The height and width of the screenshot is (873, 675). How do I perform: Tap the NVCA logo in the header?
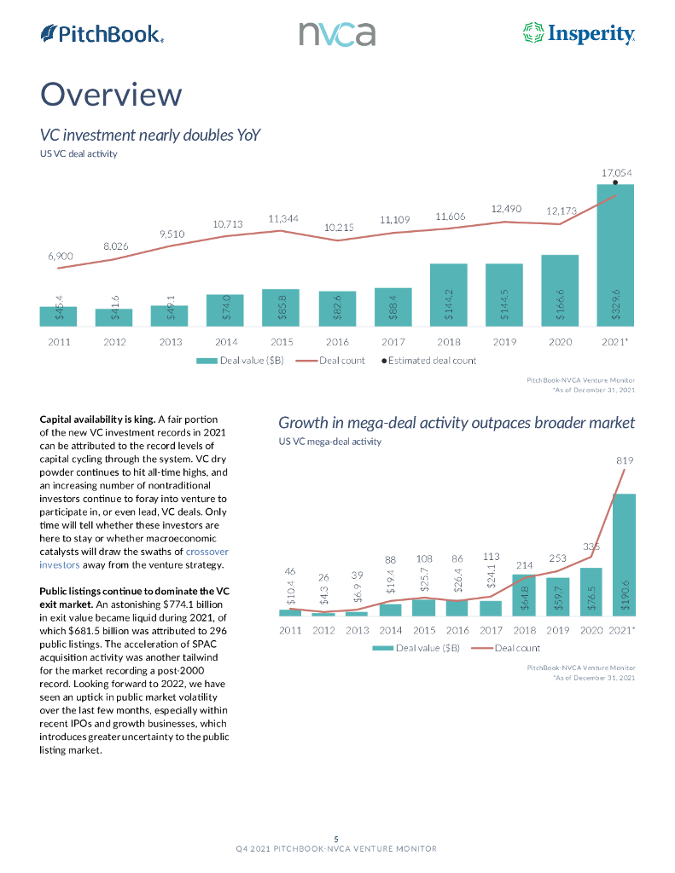coord(337,34)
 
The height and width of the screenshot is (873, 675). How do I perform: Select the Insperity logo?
coord(578,34)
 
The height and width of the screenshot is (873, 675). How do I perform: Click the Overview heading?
coord(111,94)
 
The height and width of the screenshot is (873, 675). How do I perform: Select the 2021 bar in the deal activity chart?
coord(615,256)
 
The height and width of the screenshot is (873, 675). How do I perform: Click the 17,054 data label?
coord(616,171)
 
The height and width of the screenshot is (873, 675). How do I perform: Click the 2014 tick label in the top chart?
coord(226,341)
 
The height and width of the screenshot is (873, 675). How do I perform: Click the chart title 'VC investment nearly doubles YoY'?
coord(150,135)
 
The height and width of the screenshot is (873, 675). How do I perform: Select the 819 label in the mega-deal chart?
coord(625,460)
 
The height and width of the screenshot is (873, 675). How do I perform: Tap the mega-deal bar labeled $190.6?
coord(625,554)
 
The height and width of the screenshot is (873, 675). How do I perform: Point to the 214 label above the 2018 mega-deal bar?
coord(525,564)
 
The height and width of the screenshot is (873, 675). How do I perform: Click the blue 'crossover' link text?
coord(207,552)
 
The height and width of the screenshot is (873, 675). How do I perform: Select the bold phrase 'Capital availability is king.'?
coord(98,419)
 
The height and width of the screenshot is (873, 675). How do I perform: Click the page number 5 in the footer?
coord(337,839)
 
